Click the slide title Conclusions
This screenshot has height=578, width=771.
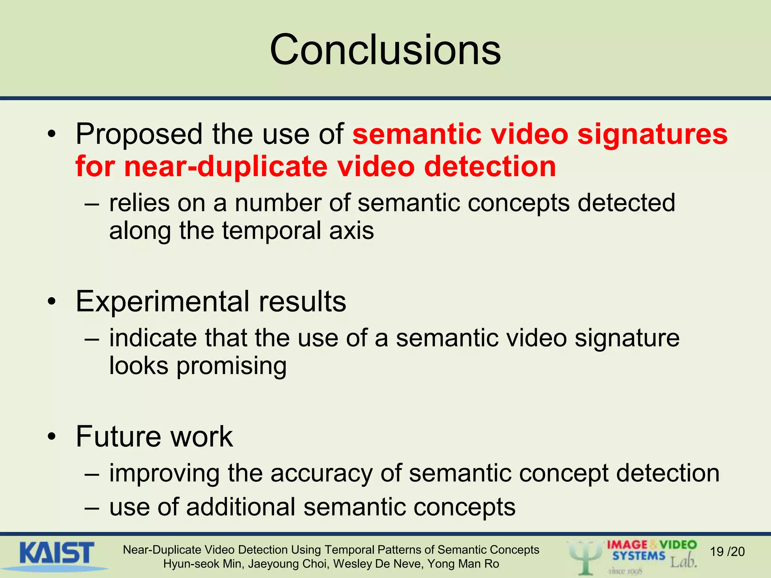385,50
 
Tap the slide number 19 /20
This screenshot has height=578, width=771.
727,552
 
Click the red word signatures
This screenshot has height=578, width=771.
652,134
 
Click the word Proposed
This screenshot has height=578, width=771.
139,134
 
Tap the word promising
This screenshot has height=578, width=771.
232,366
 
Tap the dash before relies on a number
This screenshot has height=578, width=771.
92,204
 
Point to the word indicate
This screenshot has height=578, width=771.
152,338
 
